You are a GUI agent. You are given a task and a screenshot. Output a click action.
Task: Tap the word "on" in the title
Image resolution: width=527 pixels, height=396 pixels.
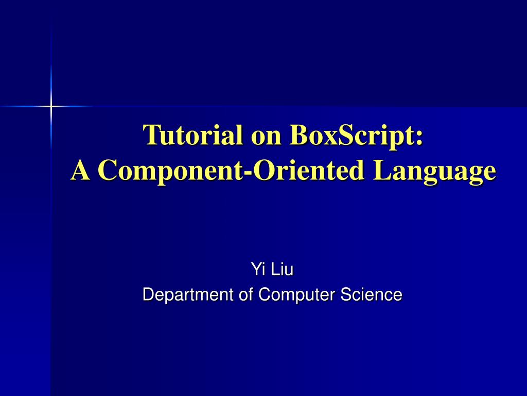click(x=266, y=135)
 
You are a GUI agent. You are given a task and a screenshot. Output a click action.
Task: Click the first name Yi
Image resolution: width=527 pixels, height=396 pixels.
click(x=256, y=269)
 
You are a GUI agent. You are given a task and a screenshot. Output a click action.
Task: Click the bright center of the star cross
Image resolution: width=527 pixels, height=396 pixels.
click(x=51, y=107)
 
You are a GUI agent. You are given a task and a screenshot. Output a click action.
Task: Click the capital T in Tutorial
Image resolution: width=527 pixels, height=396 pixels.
click(x=151, y=135)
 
